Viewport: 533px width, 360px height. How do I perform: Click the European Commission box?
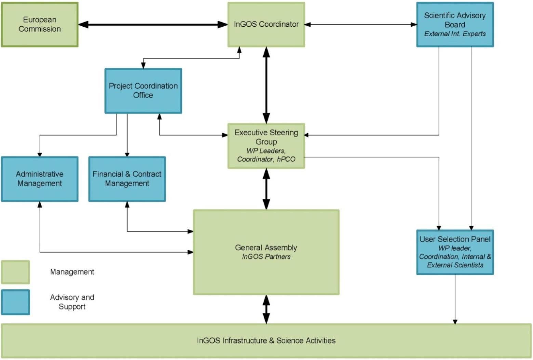(x=40, y=25)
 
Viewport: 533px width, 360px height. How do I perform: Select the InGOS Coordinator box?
(x=266, y=25)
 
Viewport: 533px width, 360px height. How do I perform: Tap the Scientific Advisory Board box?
(x=455, y=25)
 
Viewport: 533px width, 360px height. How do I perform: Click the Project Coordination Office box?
(x=143, y=91)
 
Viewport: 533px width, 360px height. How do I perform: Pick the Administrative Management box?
(x=40, y=179)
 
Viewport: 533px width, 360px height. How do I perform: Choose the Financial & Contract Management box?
(x=127, y=179)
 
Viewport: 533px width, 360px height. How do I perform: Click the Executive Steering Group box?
(x=266, y=146)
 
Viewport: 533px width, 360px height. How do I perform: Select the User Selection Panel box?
(x=455, y=252)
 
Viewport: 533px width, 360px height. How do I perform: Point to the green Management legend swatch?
(x=15, y=272)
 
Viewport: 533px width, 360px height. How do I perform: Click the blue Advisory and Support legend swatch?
(x=15, y=302)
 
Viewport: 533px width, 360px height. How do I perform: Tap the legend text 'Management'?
(x=72, y=272)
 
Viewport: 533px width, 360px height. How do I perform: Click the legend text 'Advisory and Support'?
(x=72, y=302)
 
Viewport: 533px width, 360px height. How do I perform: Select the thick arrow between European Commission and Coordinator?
(x=153, y=25)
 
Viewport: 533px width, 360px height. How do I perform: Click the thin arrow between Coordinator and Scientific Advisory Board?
(x=361, y=25)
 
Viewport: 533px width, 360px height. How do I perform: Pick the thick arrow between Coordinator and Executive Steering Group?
(x=266, y=85)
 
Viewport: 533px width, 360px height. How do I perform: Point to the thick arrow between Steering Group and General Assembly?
(x=266, y=189)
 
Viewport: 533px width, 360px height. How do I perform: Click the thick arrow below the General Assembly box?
(x=266, y=309)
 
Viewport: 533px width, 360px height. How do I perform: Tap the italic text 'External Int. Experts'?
(x=455, y=34)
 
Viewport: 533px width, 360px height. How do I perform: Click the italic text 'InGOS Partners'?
(x=266, y=256)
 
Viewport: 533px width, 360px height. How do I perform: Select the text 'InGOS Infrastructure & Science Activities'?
(x=266, y=341)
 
